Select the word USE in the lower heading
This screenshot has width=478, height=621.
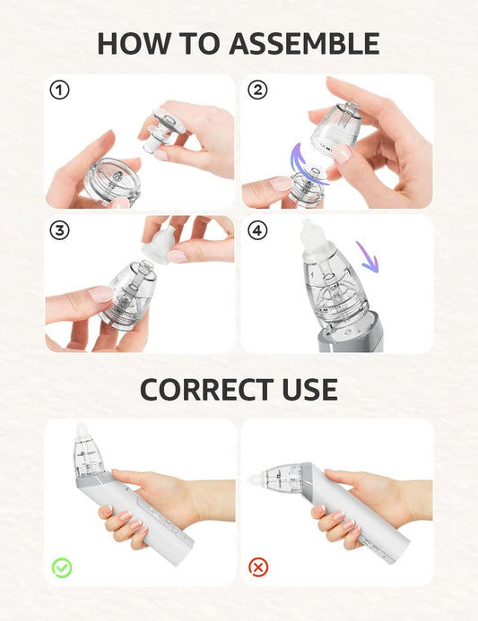(x=308, y=389)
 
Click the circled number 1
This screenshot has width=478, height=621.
(x=59, y=91)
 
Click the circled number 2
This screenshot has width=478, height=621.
(x=258, y=91)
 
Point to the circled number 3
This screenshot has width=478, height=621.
(x=59, y=230)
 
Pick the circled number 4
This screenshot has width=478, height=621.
(x=258, y=230)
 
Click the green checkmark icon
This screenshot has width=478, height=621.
(x=61, y=566)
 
